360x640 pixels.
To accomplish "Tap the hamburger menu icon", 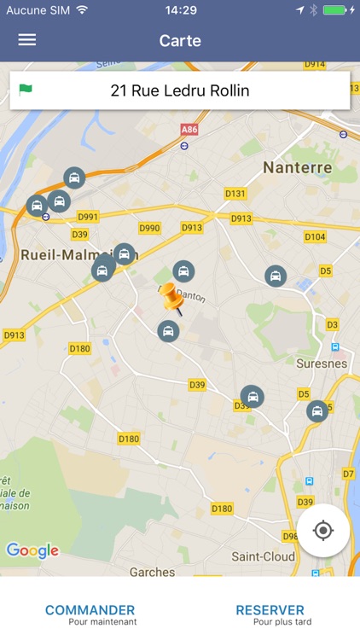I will coord(27,40).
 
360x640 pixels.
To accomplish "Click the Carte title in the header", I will coord(180,40).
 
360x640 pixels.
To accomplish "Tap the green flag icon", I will coord(26,89).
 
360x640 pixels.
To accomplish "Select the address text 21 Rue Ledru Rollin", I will coord(180,90).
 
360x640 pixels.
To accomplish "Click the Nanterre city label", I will coord(297,167).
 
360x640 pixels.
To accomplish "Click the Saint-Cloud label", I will coord(264,556).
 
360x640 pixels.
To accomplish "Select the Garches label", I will coord(153,571).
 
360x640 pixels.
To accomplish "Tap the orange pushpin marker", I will coord(173,300).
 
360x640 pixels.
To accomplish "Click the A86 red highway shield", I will coord(189,129).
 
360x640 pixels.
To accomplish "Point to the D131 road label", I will coord(235,194).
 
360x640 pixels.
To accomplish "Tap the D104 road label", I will coord(314,236).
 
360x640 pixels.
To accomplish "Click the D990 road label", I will coord(149,228).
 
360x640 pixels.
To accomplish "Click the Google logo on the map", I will coord(32,550).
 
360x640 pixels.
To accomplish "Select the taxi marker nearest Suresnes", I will coord(317,411).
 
